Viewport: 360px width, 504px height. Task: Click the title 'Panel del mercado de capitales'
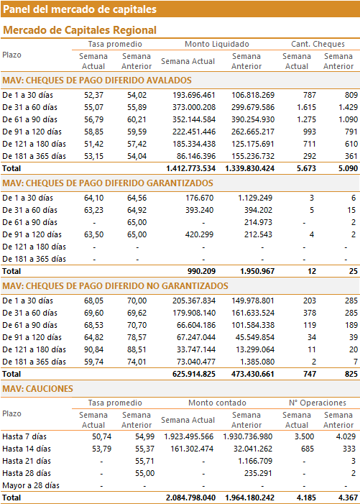[80, 9]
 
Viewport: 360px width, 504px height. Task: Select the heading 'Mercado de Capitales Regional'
[80, 30]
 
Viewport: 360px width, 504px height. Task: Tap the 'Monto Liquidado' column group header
[217, 44]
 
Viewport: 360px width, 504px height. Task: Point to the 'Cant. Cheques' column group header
[318, 44]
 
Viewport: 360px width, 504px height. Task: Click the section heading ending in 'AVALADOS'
[97, 80]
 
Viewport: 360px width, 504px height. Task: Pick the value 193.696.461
[194, 95]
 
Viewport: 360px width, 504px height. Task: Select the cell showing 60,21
[137, 119]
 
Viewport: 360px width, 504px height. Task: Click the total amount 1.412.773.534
[190, 168]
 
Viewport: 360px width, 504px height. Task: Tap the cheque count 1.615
[306, 107]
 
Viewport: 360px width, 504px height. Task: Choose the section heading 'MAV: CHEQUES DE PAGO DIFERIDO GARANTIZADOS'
[108, 183]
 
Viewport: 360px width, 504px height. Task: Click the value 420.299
[199, 234]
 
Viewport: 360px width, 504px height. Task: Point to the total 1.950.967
[257, 271]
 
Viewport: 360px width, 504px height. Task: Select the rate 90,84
[94, 349]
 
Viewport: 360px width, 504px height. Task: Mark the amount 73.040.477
[196, 362]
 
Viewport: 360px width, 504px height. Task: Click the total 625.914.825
[194, 374]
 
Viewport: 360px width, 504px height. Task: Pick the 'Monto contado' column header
[217, 403]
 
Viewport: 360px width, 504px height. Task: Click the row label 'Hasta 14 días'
[27, 449]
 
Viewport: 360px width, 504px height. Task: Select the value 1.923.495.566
[189, 436]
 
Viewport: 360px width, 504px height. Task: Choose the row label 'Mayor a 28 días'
[31, 485]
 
